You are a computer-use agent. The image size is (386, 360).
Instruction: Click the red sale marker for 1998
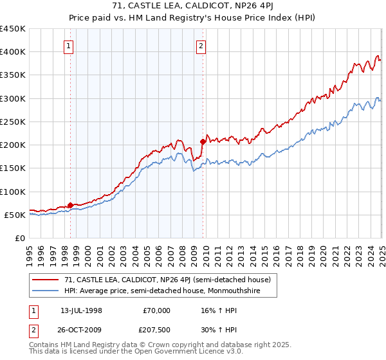[70, 205]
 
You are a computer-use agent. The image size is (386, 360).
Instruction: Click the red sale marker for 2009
[203, 141]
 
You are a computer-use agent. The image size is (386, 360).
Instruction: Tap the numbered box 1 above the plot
[69, 46]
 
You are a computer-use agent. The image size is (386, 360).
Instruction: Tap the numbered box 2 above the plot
[201, 46]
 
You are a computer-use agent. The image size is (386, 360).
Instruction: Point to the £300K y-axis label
[12, 98]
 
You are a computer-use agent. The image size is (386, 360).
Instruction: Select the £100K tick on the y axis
[12, 192]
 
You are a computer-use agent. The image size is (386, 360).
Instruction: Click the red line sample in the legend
[46, 280]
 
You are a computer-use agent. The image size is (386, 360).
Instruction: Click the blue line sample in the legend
[46, 291]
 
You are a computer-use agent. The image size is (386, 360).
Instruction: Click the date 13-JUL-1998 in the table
[82, 310]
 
